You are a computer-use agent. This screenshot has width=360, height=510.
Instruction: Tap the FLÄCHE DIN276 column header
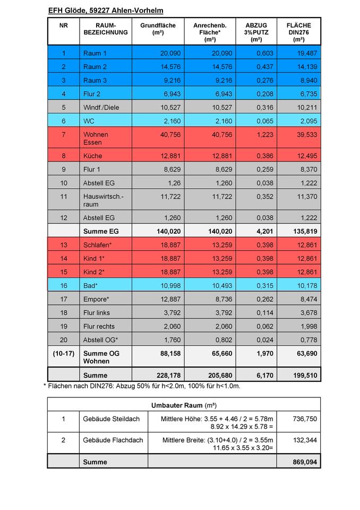click(x=298, y=32)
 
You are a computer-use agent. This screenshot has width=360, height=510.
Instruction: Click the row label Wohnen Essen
click(x=96, y=139)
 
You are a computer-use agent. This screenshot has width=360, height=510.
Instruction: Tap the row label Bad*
click(x=91, y=286)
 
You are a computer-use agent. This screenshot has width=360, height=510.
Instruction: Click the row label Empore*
click(x=96, y=299)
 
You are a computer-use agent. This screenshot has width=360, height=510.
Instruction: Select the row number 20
click(x=64, y=340)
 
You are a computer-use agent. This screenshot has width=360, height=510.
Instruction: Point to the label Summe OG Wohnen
click(x=101, y=357)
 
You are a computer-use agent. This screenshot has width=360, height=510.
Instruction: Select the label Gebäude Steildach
click(x=112, y=419)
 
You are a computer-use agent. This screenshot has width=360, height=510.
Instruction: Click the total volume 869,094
click(x=305, y=462)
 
